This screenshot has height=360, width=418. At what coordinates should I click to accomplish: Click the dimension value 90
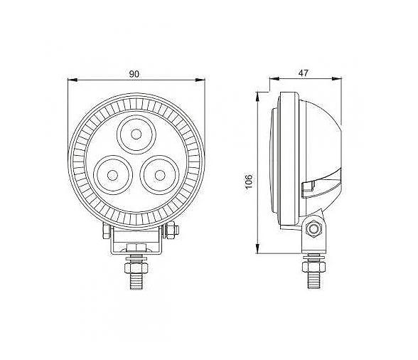(x=134, y=74)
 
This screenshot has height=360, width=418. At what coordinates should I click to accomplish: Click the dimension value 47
(x=303, y=73)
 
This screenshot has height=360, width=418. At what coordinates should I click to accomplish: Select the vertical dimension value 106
(x=249, y=181)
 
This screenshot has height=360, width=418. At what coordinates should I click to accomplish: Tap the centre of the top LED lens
(x=136, y=134)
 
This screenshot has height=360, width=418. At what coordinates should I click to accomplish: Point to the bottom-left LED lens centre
(x=112, y=175)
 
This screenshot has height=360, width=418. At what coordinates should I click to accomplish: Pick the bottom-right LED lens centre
(x=160, y=175)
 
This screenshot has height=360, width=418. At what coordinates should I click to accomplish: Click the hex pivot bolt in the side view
(x=313, y=228)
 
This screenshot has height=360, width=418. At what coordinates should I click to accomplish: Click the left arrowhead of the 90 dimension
(x=73, y=80)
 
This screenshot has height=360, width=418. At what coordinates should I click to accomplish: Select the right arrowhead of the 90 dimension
(x=200, y=80)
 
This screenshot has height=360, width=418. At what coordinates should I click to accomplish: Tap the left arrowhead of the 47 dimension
(x=274, y=78)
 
